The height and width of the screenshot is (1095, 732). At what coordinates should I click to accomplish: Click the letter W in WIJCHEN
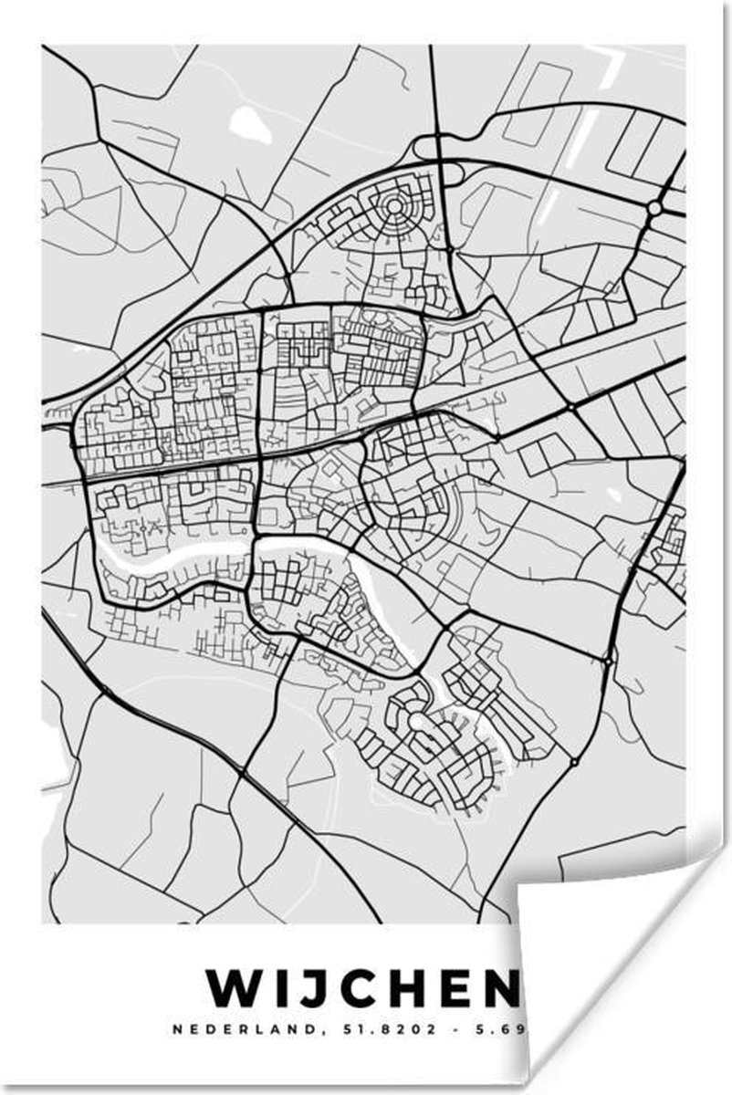(232, 987)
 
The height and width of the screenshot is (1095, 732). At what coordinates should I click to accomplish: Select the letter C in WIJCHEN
(363, 987)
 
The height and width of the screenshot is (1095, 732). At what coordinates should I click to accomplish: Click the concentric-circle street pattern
(394, 207)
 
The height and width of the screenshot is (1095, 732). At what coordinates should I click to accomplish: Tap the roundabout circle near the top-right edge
(654, 209)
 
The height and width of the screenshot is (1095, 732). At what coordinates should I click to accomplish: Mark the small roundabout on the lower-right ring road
(574, 761)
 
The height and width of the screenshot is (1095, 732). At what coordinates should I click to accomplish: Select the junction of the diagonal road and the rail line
(569, 405)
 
